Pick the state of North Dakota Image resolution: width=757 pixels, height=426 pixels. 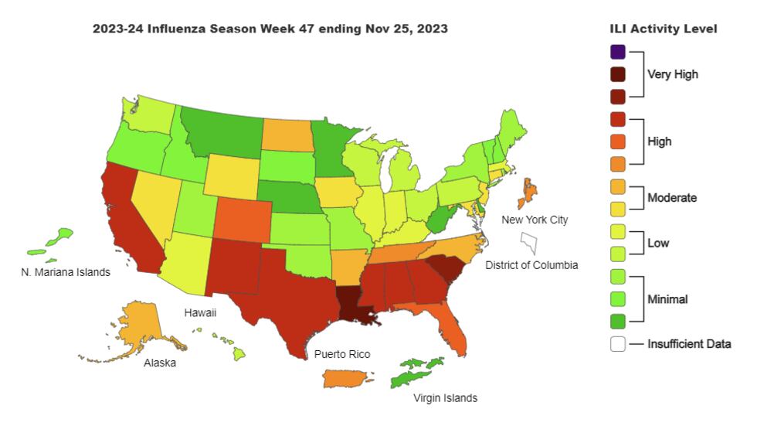pos(287,136)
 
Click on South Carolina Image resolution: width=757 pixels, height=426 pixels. pos(444,268)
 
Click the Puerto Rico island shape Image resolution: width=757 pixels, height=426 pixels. pos(345,378)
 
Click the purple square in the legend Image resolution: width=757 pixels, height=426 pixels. pos(617,53)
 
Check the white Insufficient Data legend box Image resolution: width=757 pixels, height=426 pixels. pos(617,344)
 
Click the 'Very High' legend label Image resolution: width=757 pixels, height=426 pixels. pos(672,75)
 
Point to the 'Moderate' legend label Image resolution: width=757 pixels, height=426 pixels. pos(672,198)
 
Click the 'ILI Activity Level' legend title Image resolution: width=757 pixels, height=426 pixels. pos(664,29)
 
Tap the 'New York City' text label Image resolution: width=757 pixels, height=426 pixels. pos(535,220)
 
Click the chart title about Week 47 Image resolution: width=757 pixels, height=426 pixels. pos(270,29)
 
